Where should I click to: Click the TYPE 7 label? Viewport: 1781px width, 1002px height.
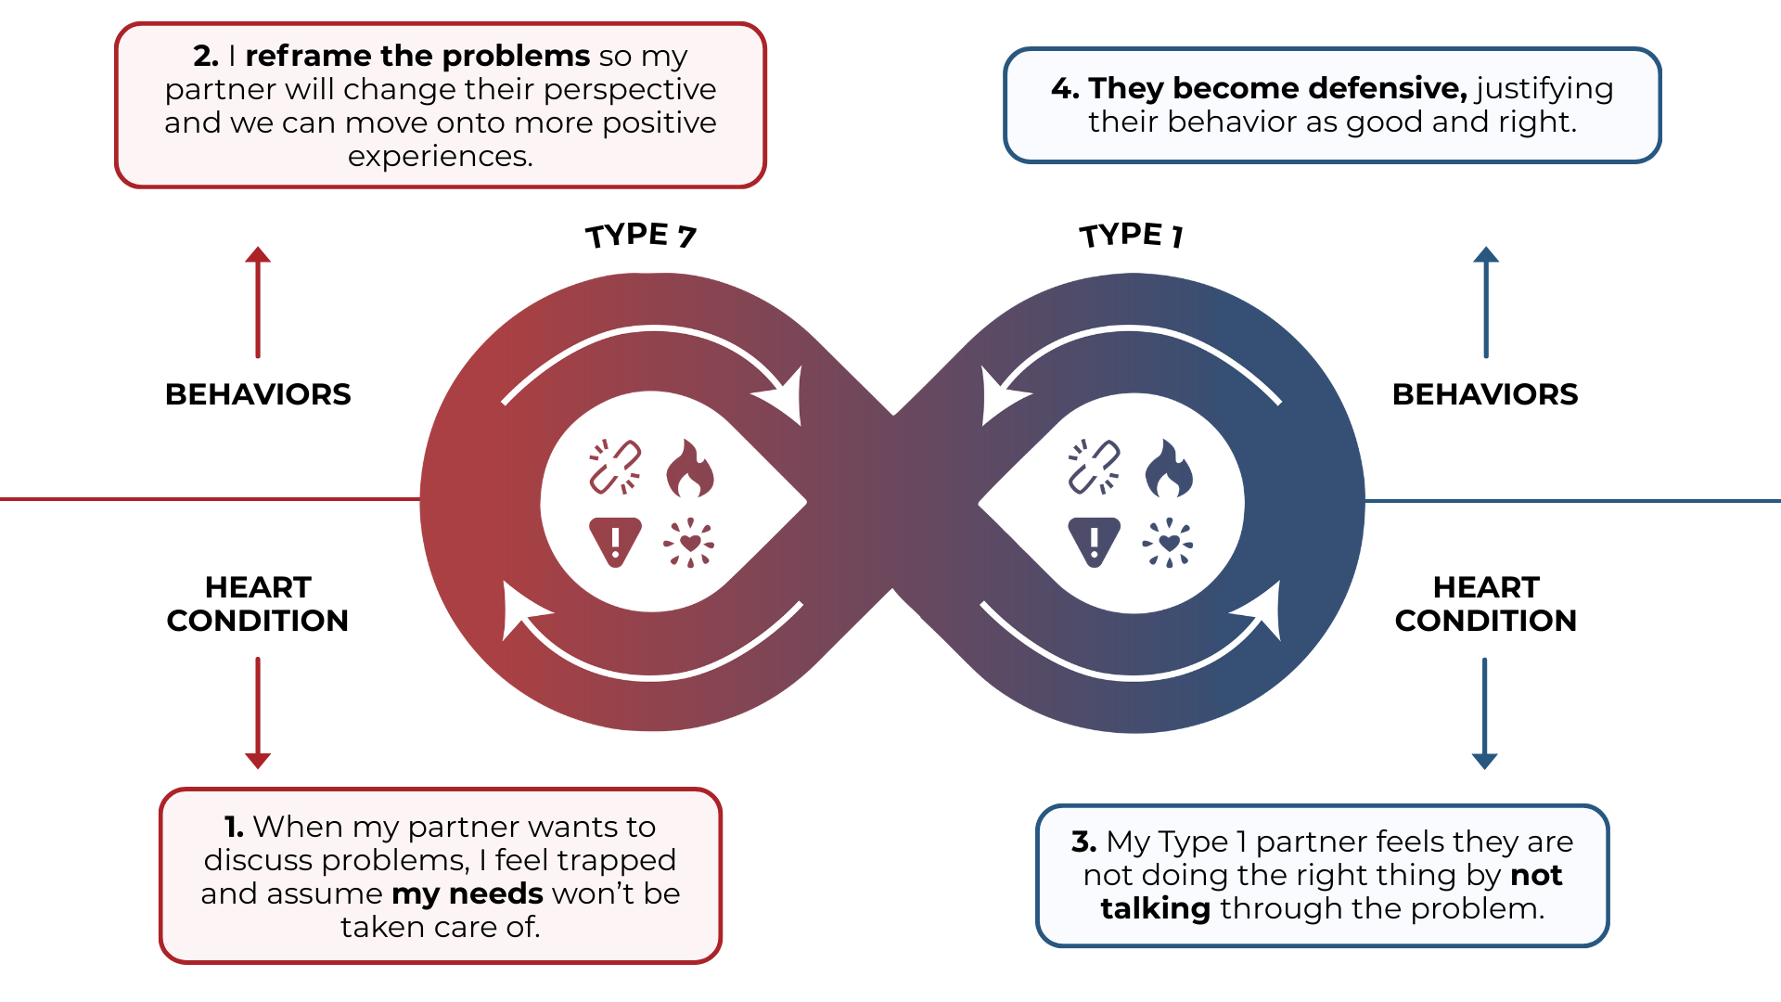[x=640, y=236]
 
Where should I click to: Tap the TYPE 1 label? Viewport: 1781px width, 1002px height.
[x=1131, y=236]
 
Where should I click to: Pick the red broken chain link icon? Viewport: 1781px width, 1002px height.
[x=615, y=466]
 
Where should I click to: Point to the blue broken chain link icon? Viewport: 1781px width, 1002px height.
[x=1094, y=466]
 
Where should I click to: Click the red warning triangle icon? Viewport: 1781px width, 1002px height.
[x=615, y=541]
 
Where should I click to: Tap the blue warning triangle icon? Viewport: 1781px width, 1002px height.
[x=1094, y=541]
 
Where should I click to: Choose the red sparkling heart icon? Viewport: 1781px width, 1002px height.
[x=689, y=542]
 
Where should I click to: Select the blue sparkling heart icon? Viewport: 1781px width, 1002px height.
[x=1168, y=542]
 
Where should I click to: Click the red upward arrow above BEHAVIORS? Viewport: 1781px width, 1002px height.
[x=258, y=302]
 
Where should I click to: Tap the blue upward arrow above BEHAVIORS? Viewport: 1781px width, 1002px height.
[x=1486, y=302]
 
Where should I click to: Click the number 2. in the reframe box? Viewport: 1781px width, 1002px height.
[x=206, y=57]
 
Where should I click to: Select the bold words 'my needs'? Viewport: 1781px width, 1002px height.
[x=468, y=893]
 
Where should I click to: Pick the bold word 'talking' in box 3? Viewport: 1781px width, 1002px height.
[x=1155, y=908]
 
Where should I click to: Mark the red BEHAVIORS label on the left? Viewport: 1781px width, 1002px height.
[x=258, y=394]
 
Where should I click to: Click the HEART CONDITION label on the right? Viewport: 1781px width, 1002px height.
[x=1485, y=604]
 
